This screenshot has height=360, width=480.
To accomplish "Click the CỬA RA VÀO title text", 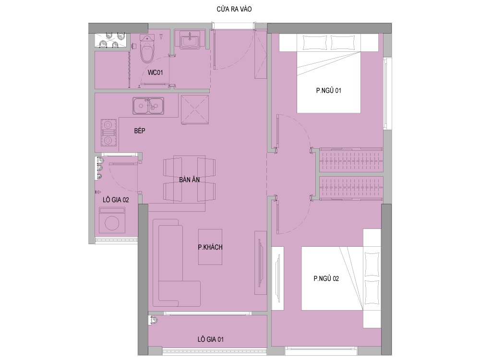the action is click(x=234, y=9).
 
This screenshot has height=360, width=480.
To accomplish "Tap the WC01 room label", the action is click(x=155, y=72).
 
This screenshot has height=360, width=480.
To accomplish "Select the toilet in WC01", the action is click(x=147, y=48).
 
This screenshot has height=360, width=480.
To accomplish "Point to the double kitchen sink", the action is click(x=148, y=106).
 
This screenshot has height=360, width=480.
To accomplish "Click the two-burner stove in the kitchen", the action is click(x=108, y=132).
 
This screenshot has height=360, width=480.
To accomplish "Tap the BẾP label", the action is click(x=140, y=131).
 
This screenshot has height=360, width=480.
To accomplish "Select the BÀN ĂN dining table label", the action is click(x=190, y=180).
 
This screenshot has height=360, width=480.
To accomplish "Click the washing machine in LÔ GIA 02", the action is click(x=112, y=220).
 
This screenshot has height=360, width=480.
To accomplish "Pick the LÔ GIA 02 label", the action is click(x=116, y=200).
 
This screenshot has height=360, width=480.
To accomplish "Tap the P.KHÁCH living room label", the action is click(x=210, y=247).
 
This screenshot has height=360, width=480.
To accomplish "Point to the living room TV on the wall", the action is click(x=261, y=263).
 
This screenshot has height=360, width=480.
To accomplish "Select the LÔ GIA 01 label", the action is click(x=211, y=339).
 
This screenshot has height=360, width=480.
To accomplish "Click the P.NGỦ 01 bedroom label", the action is click(x=329, y=91).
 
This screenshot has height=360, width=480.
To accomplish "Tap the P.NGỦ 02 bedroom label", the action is click(x=326, y=278).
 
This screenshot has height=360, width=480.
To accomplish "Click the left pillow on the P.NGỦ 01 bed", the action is click(x=315, y=43).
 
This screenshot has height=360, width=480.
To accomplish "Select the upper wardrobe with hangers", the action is click(x=351, y=160).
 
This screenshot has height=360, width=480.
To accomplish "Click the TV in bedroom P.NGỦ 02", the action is click(x=278, y=278).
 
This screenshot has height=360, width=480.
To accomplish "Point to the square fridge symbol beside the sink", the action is click(x=195, y=109).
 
